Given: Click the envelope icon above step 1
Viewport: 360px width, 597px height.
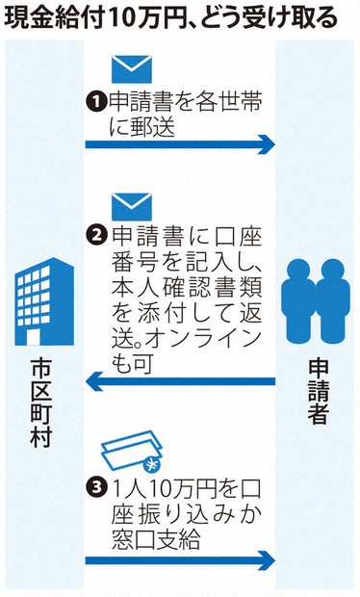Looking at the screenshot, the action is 132,69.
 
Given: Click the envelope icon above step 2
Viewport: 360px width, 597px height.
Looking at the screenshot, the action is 132,207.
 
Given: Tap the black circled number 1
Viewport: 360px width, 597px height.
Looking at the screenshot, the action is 95,102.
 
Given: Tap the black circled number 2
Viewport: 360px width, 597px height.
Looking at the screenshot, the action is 95,235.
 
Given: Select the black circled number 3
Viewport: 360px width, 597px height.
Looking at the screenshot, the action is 95,487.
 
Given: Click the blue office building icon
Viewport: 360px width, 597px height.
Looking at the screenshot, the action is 44,301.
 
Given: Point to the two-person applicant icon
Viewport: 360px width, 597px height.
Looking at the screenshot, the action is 316,300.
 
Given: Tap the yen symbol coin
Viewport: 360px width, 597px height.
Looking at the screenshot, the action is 151,465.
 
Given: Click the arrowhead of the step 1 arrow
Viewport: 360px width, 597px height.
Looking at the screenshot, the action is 267,144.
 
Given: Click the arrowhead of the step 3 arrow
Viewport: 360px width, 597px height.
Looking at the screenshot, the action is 267,560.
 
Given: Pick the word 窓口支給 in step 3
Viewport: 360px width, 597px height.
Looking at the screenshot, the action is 156,539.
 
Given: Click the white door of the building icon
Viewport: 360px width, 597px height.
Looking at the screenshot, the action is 33,337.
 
